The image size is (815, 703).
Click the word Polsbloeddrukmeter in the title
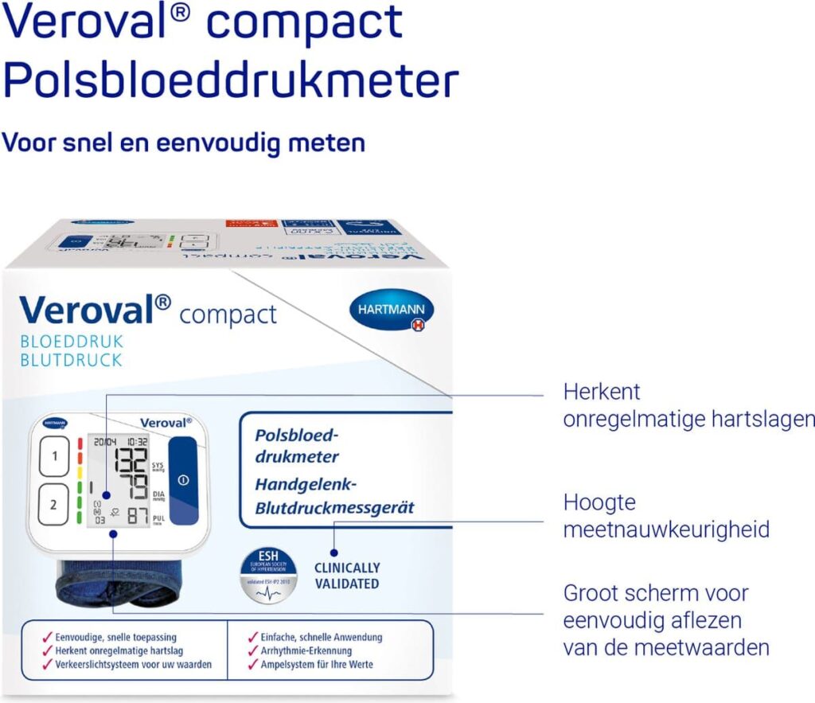pos(231,83)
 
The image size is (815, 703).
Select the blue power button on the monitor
pos(184,480)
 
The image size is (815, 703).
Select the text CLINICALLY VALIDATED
pos(347,576)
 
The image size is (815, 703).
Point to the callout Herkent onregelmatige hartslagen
pos(688,405)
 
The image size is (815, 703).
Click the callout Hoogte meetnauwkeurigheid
pos(666,516)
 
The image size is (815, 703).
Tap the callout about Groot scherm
pos(666,619)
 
